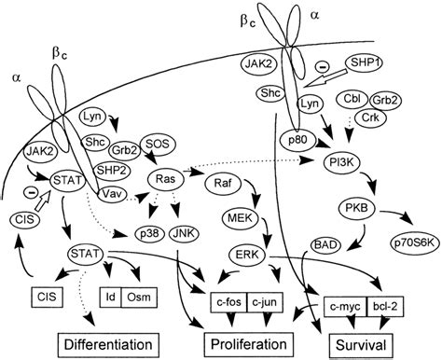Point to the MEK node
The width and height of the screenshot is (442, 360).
pyautogui.click(x=237, y=218)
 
